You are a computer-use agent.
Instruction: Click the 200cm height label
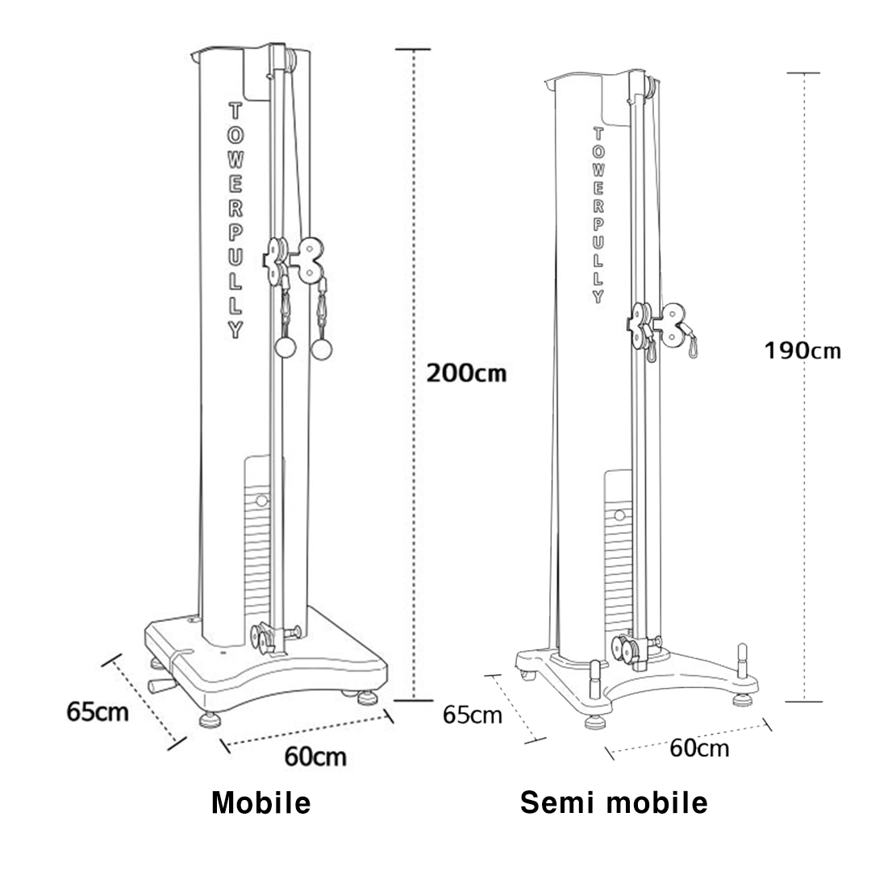(466, 373)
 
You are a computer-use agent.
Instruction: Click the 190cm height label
(802, 351)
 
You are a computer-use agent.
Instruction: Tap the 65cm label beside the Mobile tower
(98, 711)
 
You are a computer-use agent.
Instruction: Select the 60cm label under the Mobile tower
(315, 756)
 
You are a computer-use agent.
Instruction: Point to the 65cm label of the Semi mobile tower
(472, 715)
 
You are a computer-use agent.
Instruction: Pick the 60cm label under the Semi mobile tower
(699, 748)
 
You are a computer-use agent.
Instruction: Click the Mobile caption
(261, 802)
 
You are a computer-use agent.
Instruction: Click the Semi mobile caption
(614, 802)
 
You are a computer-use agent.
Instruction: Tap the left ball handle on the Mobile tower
(285, 348)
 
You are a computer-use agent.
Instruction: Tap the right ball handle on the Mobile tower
(321, 349)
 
